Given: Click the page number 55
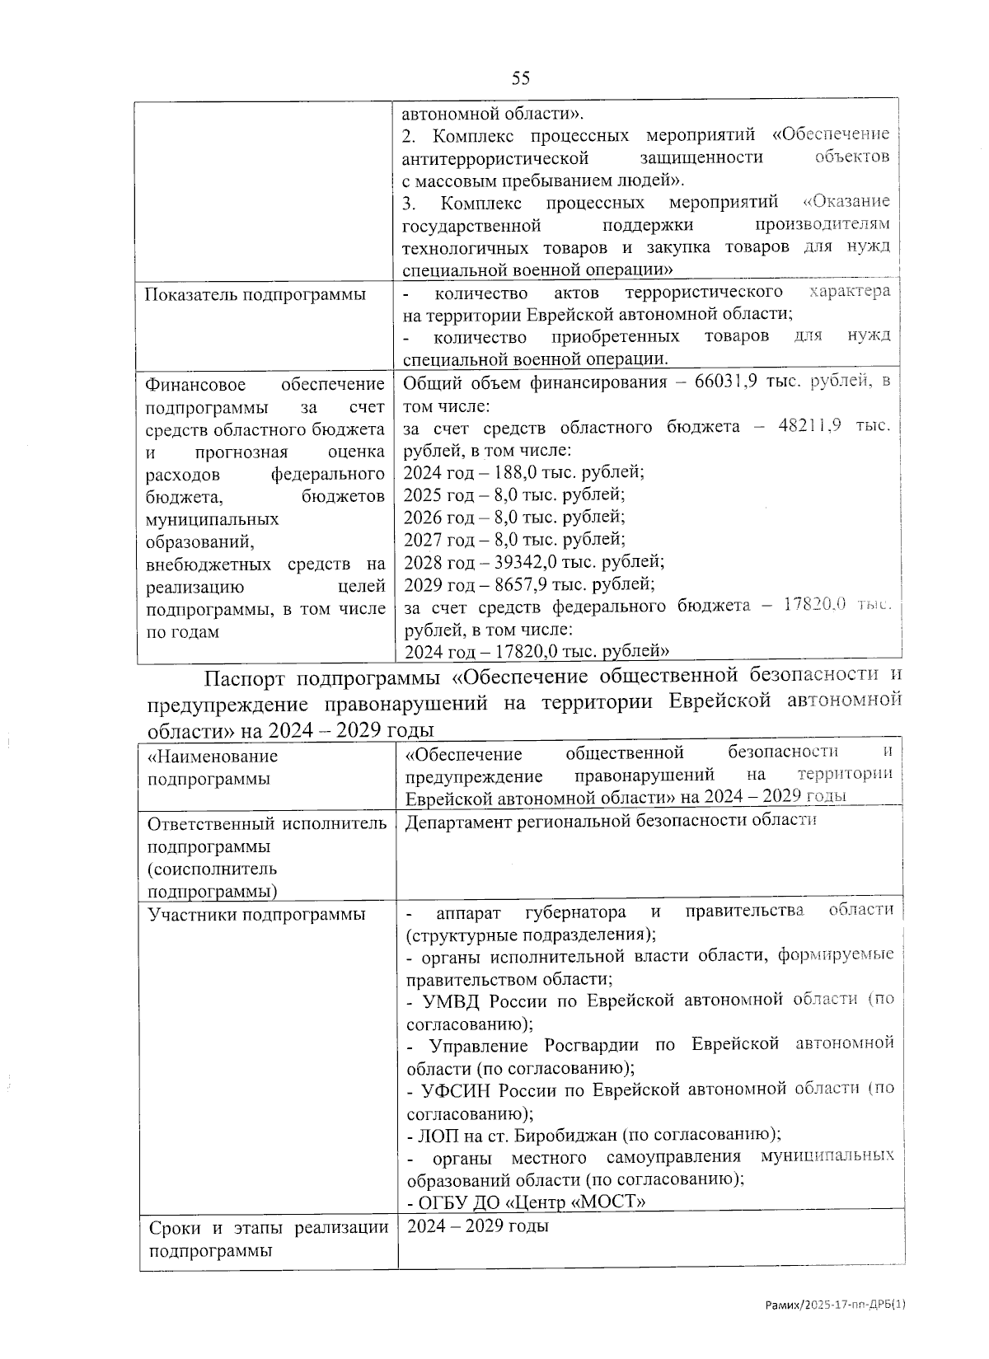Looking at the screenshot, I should tap(520, 78).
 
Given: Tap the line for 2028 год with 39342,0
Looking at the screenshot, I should tap(533, 562).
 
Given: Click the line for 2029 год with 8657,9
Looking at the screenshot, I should tap(528, 584).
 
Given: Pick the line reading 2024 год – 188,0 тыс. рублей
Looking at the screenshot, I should tap(523, 472).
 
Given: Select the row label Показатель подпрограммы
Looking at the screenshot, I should tap(255, 294).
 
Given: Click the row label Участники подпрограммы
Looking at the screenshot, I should tap(256, 914).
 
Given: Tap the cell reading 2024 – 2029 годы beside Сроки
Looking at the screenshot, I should tap(477, 1225).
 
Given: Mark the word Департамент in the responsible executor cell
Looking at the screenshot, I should tap(457, 820).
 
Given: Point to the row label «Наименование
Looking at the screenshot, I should tap(213, 756).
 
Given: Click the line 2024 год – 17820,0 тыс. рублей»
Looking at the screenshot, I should tap(536, 652).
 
